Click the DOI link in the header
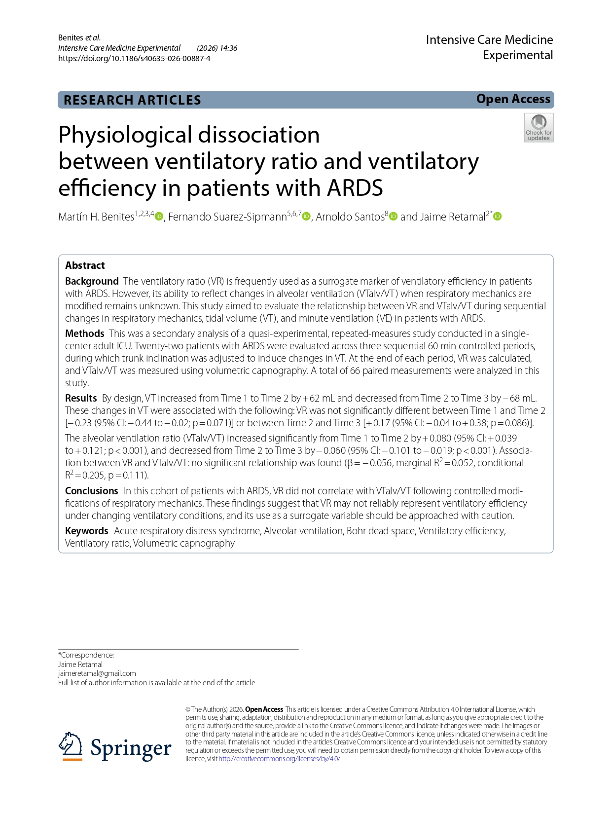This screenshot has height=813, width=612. pos(134,58)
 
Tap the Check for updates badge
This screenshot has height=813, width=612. pos(539,128)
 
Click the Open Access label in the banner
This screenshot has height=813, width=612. pos(513,99)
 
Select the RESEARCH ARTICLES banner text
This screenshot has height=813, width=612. pos(132,100)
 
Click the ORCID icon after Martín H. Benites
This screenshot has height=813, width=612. pos(159,217)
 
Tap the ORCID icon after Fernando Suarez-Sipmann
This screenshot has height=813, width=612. pos(306,217)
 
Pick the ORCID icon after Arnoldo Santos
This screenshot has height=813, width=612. pos(393,217)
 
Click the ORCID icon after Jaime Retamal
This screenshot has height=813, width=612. pos(497,217)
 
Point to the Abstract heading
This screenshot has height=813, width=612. pos(85,265)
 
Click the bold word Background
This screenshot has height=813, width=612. pos(92,281)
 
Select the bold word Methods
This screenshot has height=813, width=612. pos(84,333)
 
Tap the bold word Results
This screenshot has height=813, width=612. pos(81,398)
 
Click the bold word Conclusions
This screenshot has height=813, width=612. pos(91,491)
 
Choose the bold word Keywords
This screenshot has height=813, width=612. pos(86,531)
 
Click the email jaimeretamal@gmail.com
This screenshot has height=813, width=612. pos(97,673)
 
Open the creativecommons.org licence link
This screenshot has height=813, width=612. pos(279,759)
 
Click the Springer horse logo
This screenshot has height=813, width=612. pos(71,746)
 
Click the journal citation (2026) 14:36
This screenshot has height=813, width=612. pos(217,48)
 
